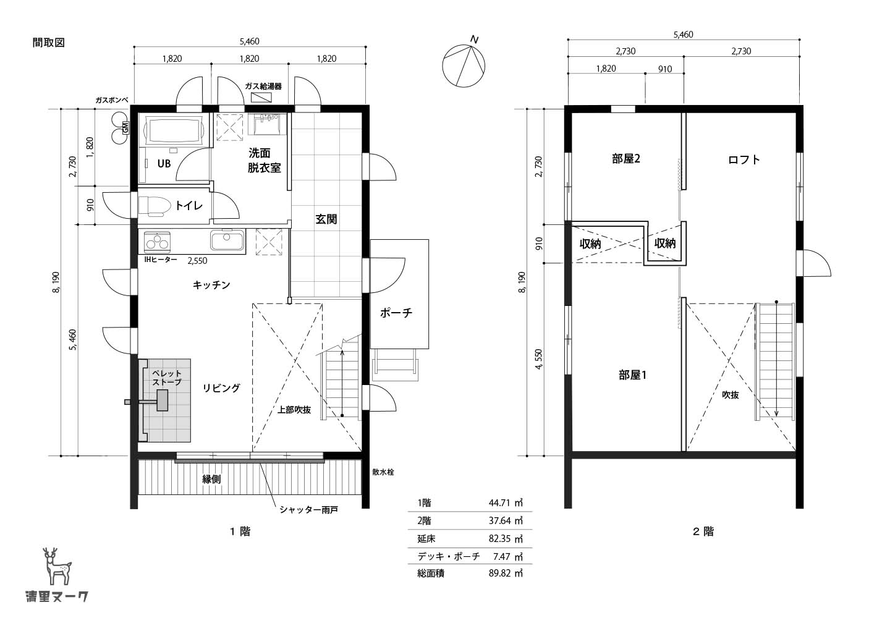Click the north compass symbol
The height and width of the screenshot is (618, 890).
coord(464,66)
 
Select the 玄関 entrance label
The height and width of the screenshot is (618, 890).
coord(326,219)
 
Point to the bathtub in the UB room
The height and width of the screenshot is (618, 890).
coord(174,130)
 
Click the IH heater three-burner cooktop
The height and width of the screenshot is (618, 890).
coord(158,241)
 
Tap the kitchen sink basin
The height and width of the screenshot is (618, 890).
coord(227,240)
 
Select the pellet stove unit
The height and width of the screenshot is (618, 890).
coord(162,400)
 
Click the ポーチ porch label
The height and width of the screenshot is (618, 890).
coord(396,313)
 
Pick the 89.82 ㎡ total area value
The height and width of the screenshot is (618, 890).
coord(506,574)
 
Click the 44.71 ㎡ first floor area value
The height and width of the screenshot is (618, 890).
coord(506,503)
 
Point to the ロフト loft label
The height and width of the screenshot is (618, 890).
coord(744,159)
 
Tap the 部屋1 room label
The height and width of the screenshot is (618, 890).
coord(632,375)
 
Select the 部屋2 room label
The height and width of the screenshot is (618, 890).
coord(626,159)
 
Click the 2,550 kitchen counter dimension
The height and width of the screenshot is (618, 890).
coord(198,261)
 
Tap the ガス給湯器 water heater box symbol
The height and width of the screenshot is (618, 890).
coord(263,97)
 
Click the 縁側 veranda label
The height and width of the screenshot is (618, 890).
coord(211,479)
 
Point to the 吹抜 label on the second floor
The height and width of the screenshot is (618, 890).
coord(731,395)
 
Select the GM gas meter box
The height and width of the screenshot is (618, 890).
coord(125,127)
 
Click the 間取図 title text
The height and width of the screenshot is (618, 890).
coord(48,43)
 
